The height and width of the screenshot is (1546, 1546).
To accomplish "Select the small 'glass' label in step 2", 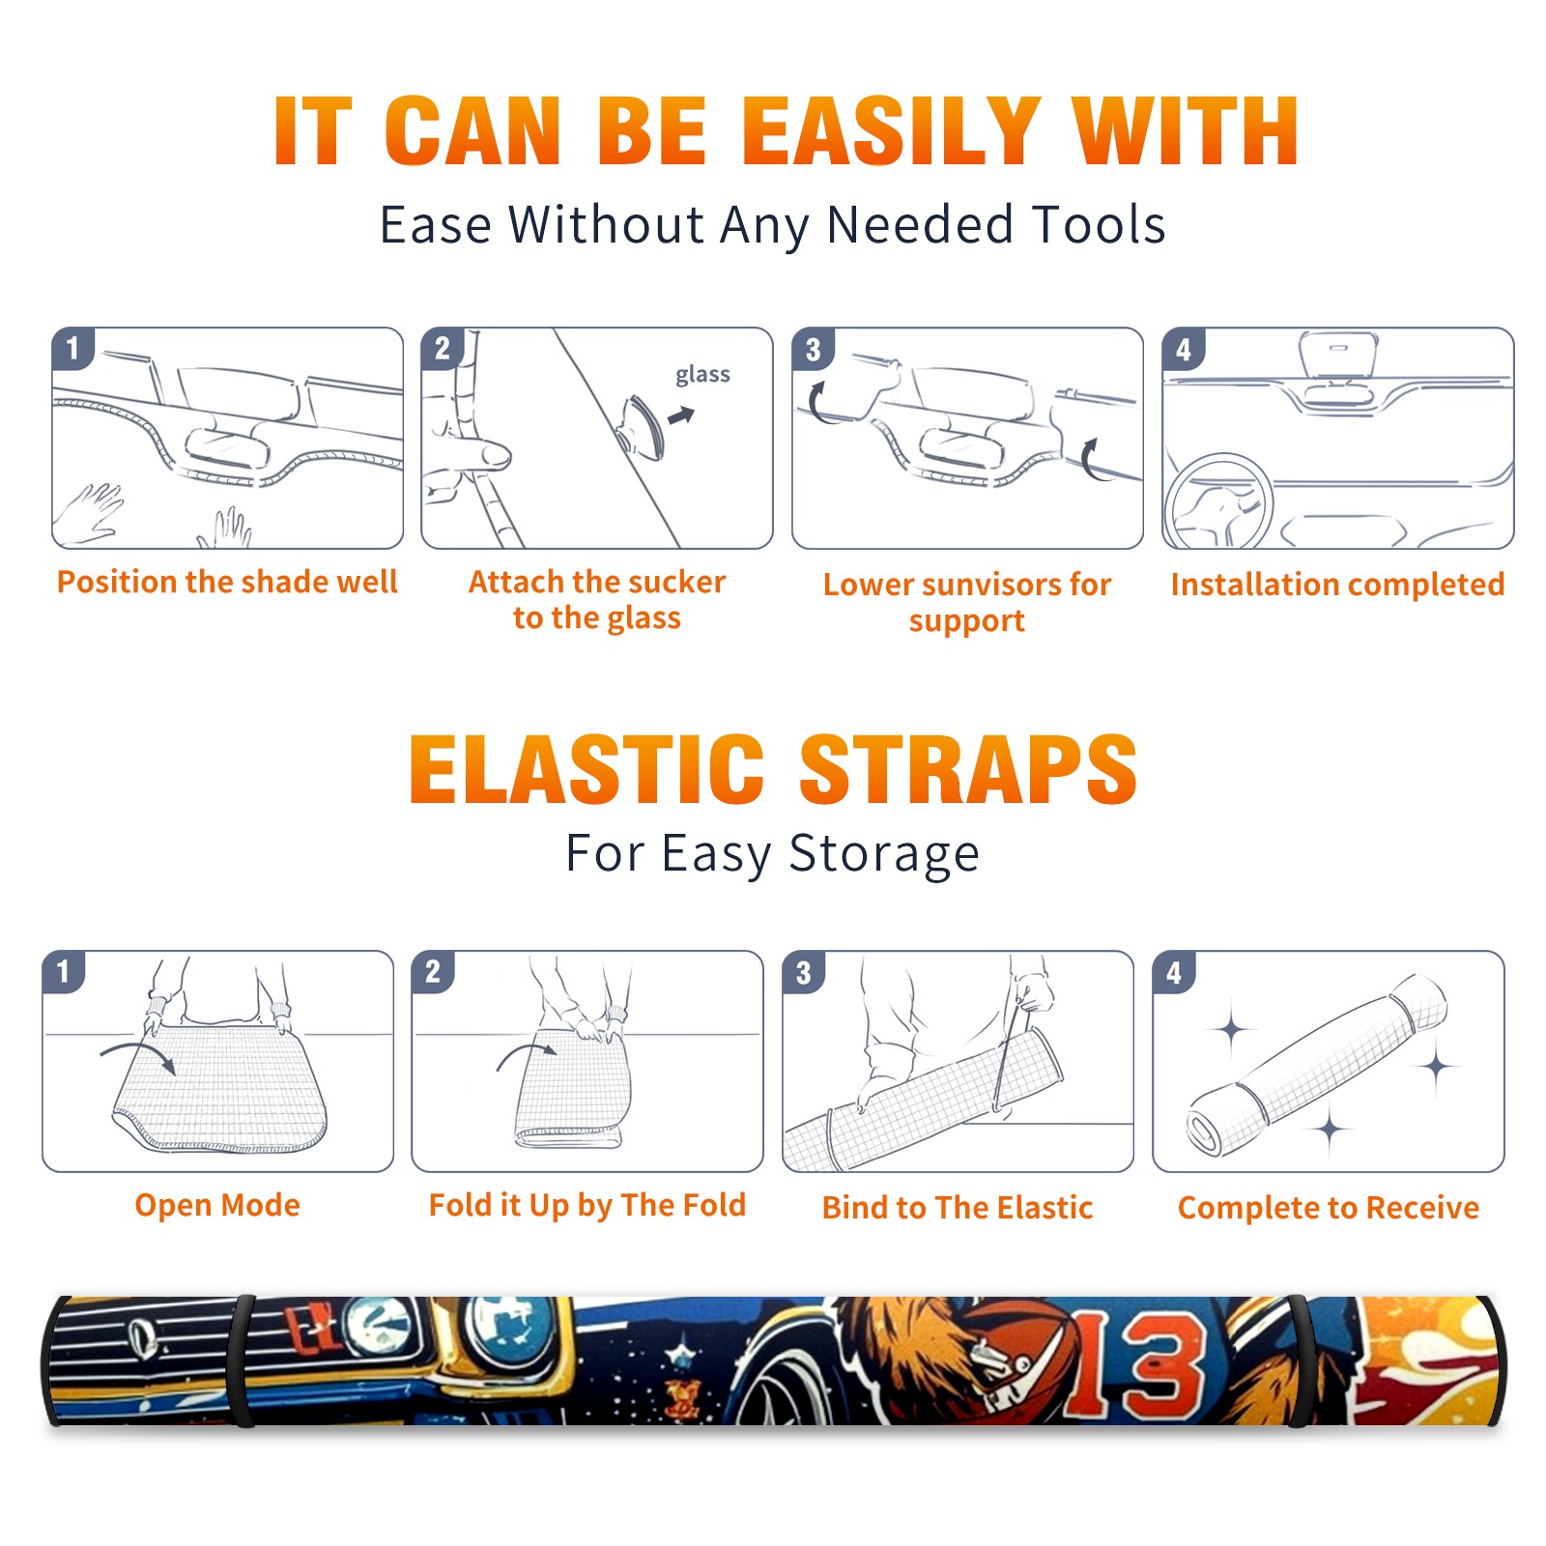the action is click(702, 374).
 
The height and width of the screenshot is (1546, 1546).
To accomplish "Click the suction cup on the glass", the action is click(641, 426).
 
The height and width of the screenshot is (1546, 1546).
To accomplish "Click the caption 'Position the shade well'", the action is click(227, 582).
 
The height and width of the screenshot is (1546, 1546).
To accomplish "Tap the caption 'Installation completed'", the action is click(1337, 584).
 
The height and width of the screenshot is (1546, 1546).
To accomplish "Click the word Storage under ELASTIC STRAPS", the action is click(884, 854).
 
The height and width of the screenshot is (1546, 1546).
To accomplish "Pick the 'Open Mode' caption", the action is click(217, 1205).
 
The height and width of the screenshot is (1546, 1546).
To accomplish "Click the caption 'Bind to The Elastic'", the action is click(958, 1207).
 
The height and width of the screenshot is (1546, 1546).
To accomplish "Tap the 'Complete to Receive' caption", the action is click(1329, 1208).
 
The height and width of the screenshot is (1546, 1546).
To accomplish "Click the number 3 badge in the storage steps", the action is click(804, 973).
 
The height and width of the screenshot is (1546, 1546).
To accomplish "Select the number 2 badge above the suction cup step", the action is click(443, 348).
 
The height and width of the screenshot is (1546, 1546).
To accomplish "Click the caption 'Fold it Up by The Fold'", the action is click(587, 1205).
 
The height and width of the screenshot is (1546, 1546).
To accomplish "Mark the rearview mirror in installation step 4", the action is click(1338, 354).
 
